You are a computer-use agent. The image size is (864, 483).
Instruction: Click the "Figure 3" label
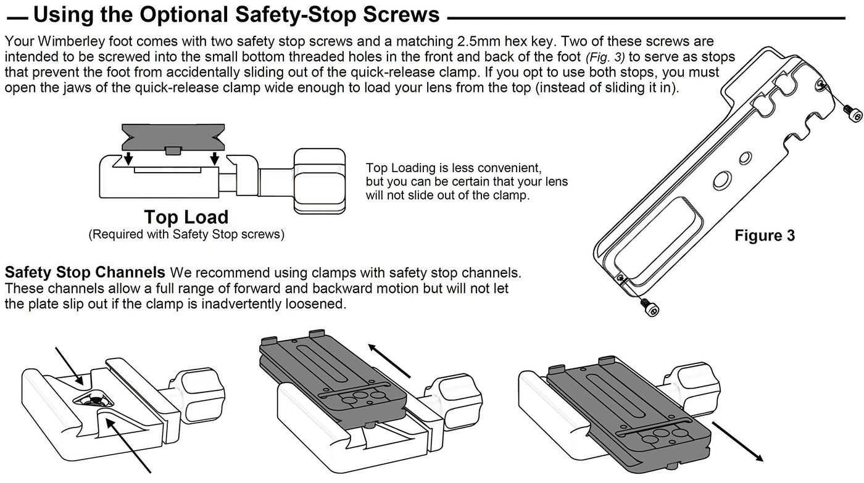click(764, 236)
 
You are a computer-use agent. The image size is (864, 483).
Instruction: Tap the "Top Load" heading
click(186, 217)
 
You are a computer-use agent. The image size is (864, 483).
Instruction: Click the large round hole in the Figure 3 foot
click(720, 181)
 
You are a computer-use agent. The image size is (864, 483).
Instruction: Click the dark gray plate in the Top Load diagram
click(172, 136)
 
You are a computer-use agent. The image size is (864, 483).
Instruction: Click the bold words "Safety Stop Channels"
click(85, 272)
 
